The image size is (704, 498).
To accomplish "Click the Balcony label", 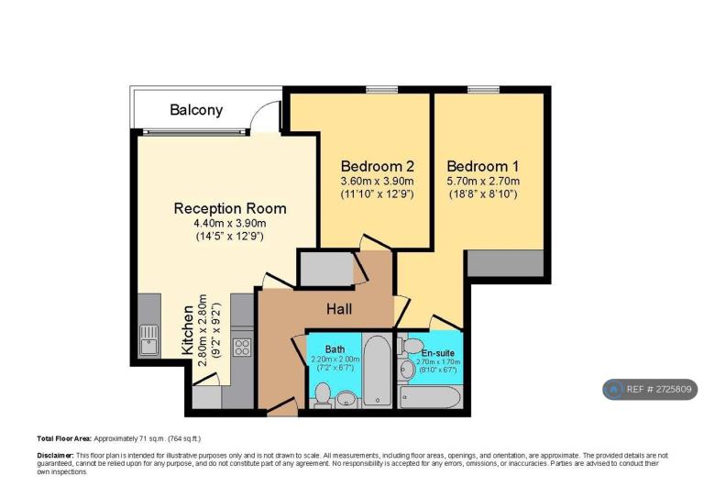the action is point(196,110).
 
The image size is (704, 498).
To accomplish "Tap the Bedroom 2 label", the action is point(377,166).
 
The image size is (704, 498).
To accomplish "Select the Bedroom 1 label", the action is point(483,166).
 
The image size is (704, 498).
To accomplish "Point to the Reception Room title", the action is point(230,208).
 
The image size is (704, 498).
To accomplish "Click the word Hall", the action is point(339,309).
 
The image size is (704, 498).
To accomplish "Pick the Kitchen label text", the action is point(188,330).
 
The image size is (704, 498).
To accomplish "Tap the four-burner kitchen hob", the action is point(242,347).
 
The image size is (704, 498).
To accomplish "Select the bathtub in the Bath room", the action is point(377,371).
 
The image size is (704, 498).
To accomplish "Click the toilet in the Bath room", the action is point(322,394).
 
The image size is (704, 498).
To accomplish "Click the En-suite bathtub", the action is point(430,397).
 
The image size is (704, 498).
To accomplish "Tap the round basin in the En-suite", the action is point(407,369).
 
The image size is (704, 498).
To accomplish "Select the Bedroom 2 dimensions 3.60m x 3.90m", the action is point(377,182).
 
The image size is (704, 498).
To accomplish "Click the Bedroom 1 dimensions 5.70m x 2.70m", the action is point(483,182).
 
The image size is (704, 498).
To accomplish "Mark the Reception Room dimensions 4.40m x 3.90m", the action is point(230,223).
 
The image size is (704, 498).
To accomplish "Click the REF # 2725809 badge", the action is point(650,390).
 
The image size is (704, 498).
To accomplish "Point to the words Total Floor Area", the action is point(64,438).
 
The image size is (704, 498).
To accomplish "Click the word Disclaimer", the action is point(55,455).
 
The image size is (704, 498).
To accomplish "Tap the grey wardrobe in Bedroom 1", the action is point(506,263).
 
